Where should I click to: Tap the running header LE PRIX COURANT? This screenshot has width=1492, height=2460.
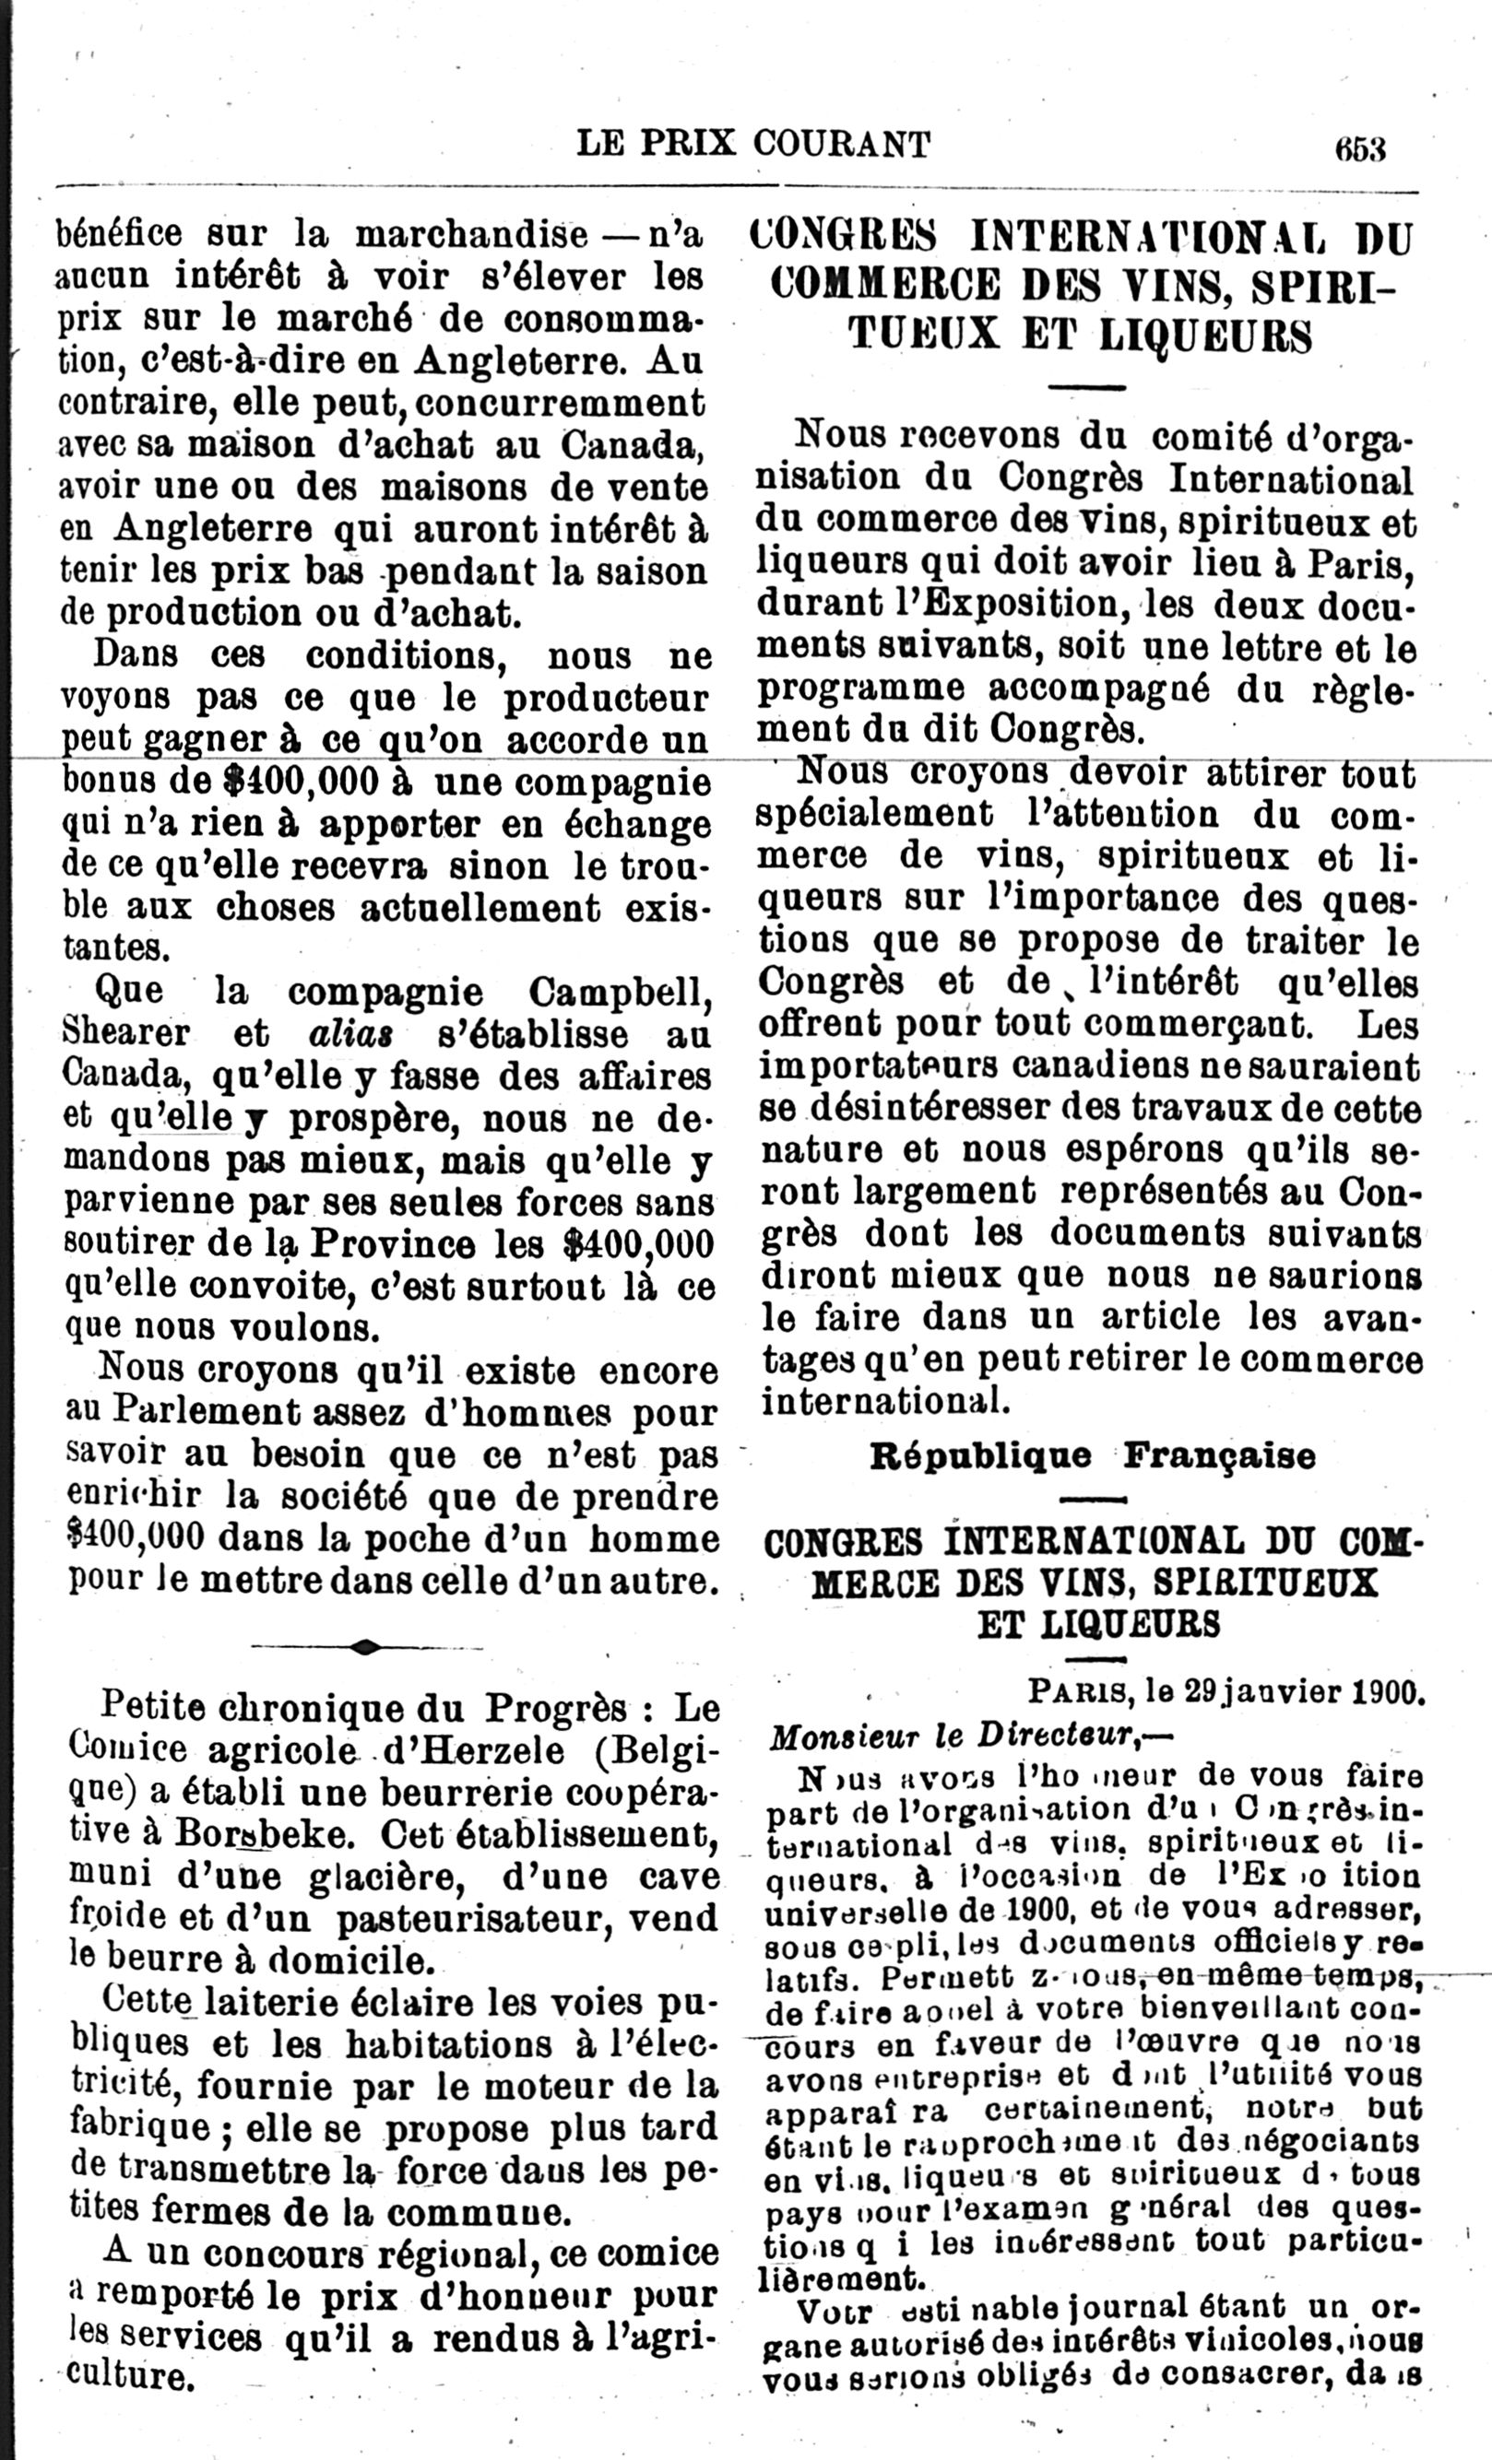coord(753,145)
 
